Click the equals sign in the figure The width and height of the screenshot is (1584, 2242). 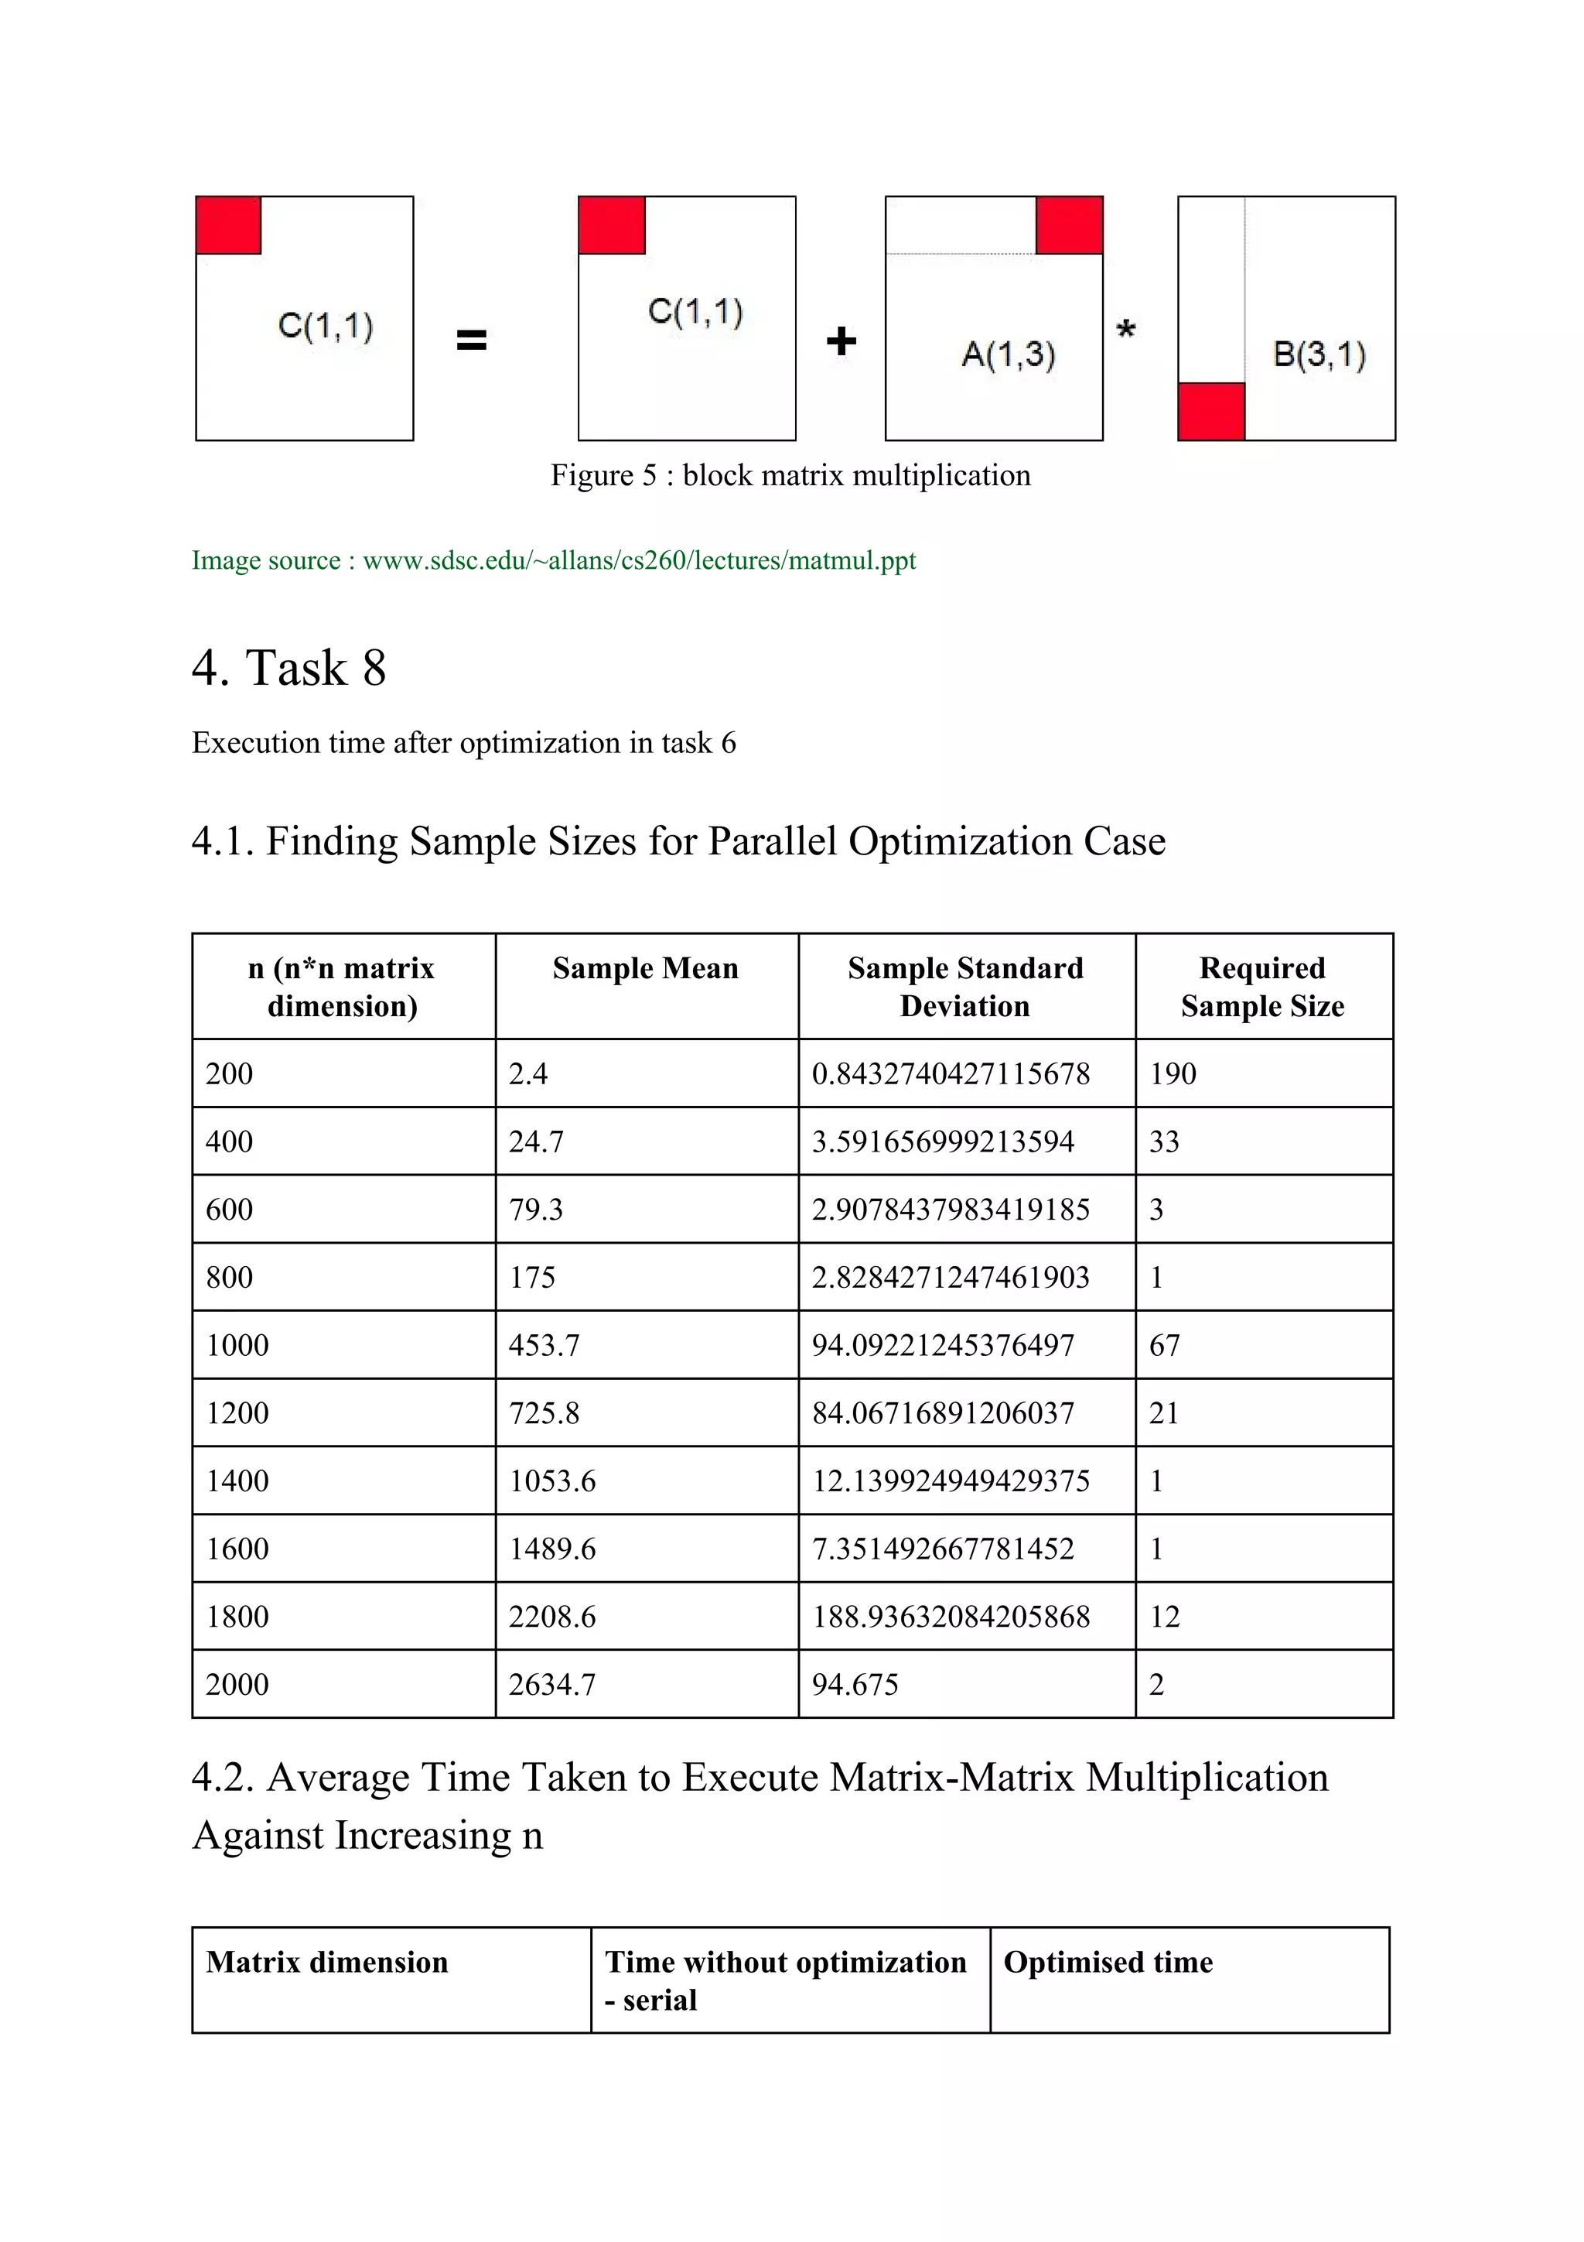[471, 340]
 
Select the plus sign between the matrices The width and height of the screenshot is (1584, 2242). [840, 341]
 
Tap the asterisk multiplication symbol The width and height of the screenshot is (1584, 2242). [1125, 330]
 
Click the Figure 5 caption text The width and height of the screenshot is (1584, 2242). [790, 475]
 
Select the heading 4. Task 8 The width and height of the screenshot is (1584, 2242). [289, 668]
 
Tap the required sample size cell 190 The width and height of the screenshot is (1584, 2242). [1172, 1073]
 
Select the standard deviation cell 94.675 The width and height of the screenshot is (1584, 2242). [854, 1685]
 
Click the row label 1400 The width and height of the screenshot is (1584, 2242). [237, 1480]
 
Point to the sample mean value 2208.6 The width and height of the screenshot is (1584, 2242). [551, 1616]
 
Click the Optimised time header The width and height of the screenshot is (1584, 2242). [1108, 1962]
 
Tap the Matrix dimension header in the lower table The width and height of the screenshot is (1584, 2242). [327, 1962]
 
